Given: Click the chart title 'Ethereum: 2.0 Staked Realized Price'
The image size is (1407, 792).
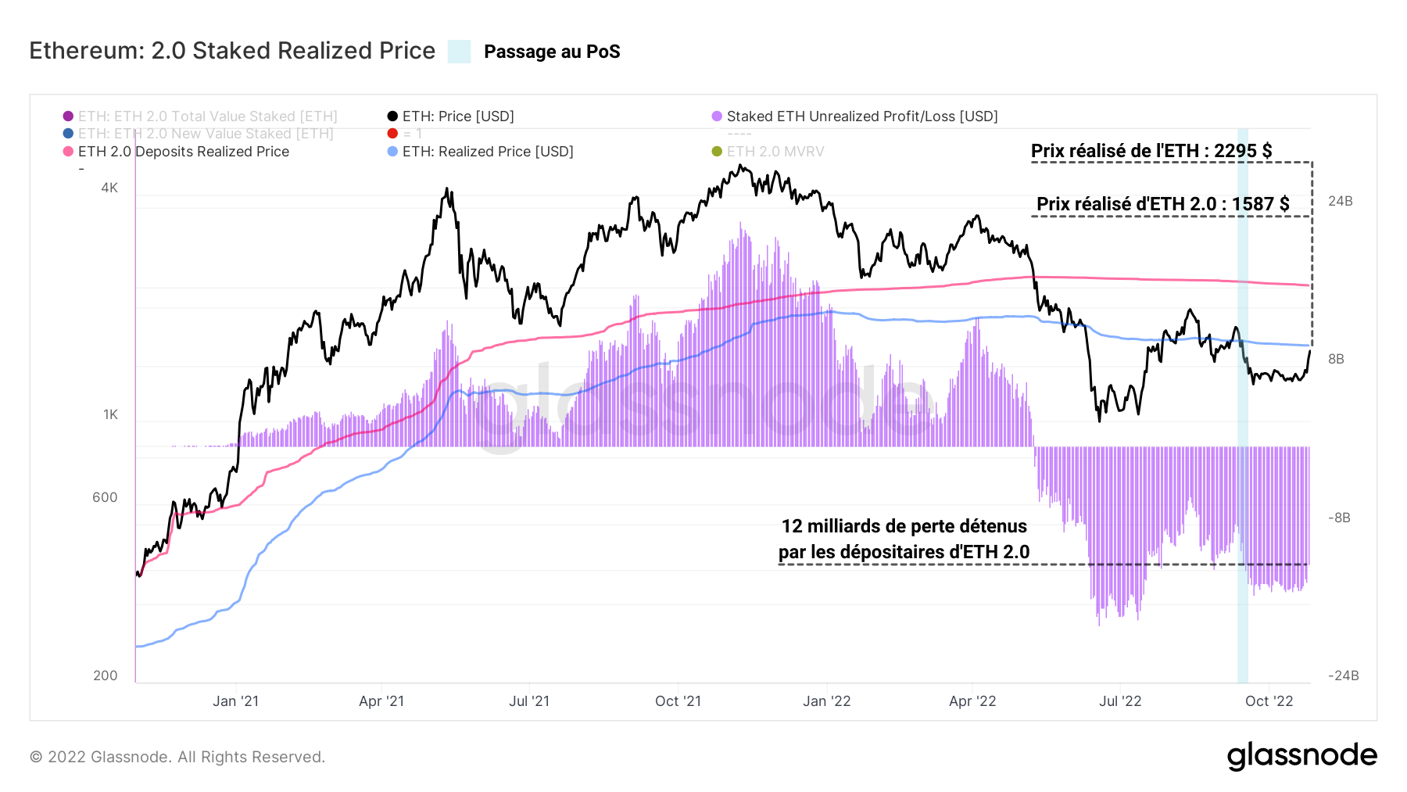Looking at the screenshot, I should tap(232, 51).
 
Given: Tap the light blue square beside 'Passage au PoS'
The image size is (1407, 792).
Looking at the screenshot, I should tap(459, 52).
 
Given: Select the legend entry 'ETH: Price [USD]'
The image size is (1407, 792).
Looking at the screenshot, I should tap(457, 116).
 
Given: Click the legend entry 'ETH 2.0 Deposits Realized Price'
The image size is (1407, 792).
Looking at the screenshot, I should tap(183, 152).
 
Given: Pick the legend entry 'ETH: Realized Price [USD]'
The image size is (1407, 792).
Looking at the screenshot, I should tap(487, 152).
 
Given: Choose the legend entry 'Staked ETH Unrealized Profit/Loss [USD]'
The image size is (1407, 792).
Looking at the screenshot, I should tap(861, 116).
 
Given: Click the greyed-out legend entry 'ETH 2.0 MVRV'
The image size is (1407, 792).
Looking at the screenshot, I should tap(775, 152).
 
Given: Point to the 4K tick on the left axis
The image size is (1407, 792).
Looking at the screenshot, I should tap(109, 188).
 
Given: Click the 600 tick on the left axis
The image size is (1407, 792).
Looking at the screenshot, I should tap(105, 497).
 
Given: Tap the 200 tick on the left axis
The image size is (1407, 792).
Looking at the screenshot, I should tap(105, 676).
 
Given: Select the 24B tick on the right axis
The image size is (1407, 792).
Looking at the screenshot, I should tap(1340, 201).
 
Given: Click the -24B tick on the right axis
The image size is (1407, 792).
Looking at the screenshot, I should tap(1343, 676).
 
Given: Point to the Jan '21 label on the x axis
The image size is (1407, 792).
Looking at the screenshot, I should tap(235, 701).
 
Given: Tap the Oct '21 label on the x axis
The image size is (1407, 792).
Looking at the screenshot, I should tap(678, 701).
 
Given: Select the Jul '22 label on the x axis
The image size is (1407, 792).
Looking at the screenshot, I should tap(1119, 701).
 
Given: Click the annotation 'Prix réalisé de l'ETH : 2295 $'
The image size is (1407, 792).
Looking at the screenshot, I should tap(1151, 151).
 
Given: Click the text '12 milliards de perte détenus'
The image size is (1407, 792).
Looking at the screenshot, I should tap(904, 526).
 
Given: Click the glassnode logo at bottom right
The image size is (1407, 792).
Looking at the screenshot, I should tap(1301, 756).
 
